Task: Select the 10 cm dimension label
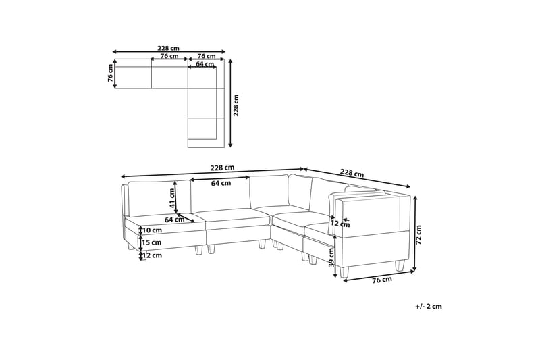[x=152, y=230]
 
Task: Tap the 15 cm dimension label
[x=152, y=242]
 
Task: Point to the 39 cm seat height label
[x=331, y=257]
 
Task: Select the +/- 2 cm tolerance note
[x=429, y=306]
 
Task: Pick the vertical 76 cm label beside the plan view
[x=110, y=74]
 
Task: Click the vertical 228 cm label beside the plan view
[x=236, y=105]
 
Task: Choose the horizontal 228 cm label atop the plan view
[x=168, y=48]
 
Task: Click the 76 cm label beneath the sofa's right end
[x=383, y=280]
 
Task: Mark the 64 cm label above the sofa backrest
[x=220, y=183]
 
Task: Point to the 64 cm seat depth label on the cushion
[x=174, y=220]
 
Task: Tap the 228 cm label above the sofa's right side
[x=352, y=174]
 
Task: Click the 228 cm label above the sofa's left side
[x=221, y=168]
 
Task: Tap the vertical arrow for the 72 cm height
[x=415, y=232]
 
